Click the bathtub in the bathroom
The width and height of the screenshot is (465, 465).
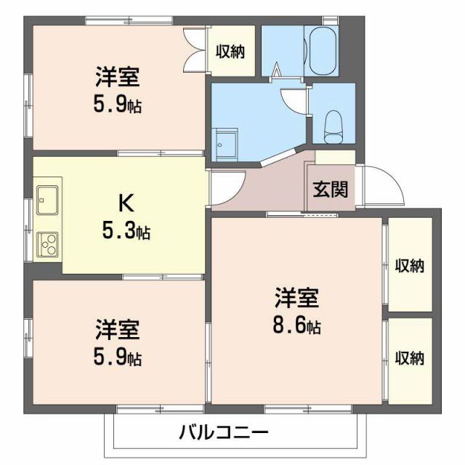(320, 52)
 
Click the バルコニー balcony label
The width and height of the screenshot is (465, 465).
(225, 434)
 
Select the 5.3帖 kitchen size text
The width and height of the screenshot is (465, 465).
(126, 232)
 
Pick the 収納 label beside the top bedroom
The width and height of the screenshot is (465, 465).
(230, 52)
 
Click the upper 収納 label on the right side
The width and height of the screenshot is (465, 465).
(409, 265)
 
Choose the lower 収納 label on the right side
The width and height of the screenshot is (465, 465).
(409, 357)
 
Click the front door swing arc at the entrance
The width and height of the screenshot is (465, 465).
(386, 185)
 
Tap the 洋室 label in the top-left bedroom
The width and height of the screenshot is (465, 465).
(117, 76)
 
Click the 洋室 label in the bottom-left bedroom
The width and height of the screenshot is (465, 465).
(117, 329)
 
